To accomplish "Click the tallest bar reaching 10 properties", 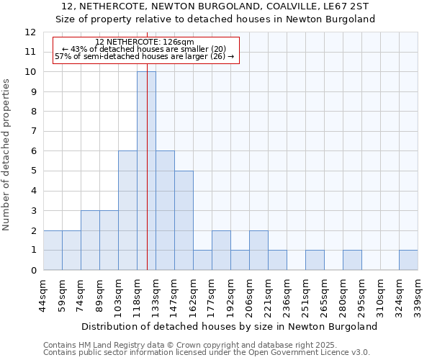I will pos(146,171).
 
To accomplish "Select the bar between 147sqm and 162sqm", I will pos(184,220).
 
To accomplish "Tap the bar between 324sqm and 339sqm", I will pos(408,260).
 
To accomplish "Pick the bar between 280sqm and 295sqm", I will pos(352,260).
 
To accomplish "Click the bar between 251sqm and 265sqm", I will pos(315,260).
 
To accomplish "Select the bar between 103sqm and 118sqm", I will pos(127,210).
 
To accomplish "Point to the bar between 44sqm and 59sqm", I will pos(53,251).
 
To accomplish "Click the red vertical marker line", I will pos(147,180).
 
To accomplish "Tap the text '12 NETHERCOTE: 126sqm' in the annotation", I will pos(144,42).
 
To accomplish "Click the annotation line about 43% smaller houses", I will pos(144,49).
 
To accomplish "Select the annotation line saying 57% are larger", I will pos(144,56).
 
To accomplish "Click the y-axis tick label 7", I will pos(32,132).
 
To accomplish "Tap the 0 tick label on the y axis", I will pos(32,271).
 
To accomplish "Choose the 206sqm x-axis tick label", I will pos(250,294).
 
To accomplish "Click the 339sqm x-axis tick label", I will pos(418,294).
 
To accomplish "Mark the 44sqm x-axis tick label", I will pos(44,292).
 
